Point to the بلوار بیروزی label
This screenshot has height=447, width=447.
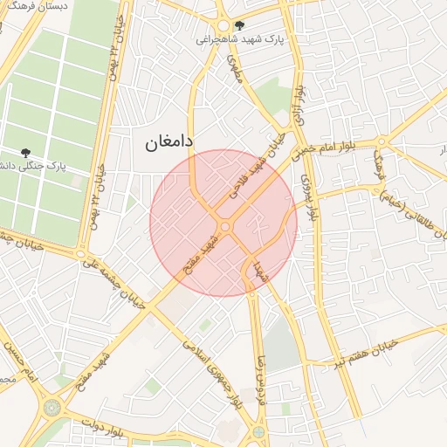[x=308, y=190]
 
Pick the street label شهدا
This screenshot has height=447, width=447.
[x=258, y=270]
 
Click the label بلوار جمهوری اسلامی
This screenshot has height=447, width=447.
[x=213, y=373]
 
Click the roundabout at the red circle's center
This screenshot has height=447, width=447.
[x=224, y=226]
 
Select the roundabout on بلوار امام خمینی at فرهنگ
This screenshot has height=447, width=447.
[x=381, y=142]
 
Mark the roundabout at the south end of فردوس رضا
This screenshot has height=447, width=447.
[x=258, y=431]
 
